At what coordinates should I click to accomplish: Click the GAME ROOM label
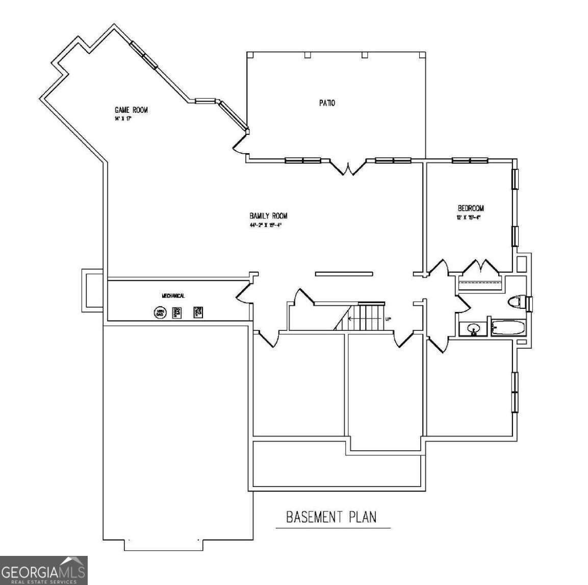(x=131, y=110)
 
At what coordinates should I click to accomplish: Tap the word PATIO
(x=327, y=103)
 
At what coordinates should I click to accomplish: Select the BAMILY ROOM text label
(x=268, y=216)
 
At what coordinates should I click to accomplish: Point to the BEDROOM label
(x=470, y=208)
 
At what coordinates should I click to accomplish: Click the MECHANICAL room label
(x=173, y=296)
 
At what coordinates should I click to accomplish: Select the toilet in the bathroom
(x=517, y=302)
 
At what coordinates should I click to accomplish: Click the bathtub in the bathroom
(x=507, y=328)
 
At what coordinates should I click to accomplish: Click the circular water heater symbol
(x=161, y=312)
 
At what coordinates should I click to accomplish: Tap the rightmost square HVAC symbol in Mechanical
(x=198, y=312)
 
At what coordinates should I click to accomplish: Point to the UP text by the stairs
(x=388, y=320)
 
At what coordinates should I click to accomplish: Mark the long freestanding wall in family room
(x=344, y=274)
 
